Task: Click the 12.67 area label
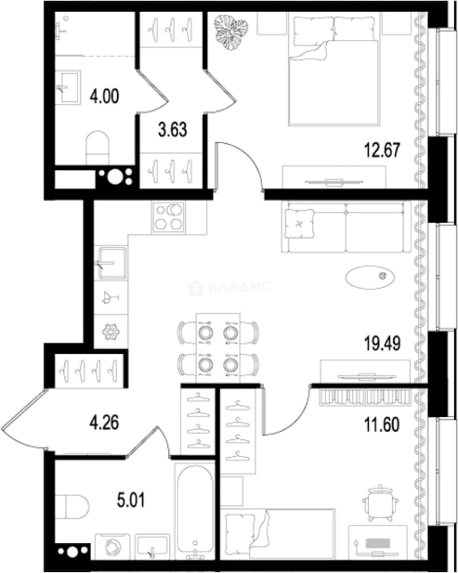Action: click(382, 150)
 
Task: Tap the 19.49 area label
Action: click(382, 343)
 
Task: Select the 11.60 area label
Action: click(382, 424)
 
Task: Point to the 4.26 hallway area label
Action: click(104, 422)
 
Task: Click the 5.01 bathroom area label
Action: click(131, 500)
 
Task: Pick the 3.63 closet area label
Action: click(172, 130)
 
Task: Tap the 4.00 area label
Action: click(104, 97)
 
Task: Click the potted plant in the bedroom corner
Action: click(231, 32)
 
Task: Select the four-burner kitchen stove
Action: click(169, 218)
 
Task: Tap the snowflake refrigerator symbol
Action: click(111, 332)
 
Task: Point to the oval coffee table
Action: click(370, 277)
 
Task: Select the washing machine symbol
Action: click(112, 546)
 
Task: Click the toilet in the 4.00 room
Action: click(97, 148)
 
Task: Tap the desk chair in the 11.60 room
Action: click(380, 503)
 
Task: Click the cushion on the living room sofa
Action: click(299, 224)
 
